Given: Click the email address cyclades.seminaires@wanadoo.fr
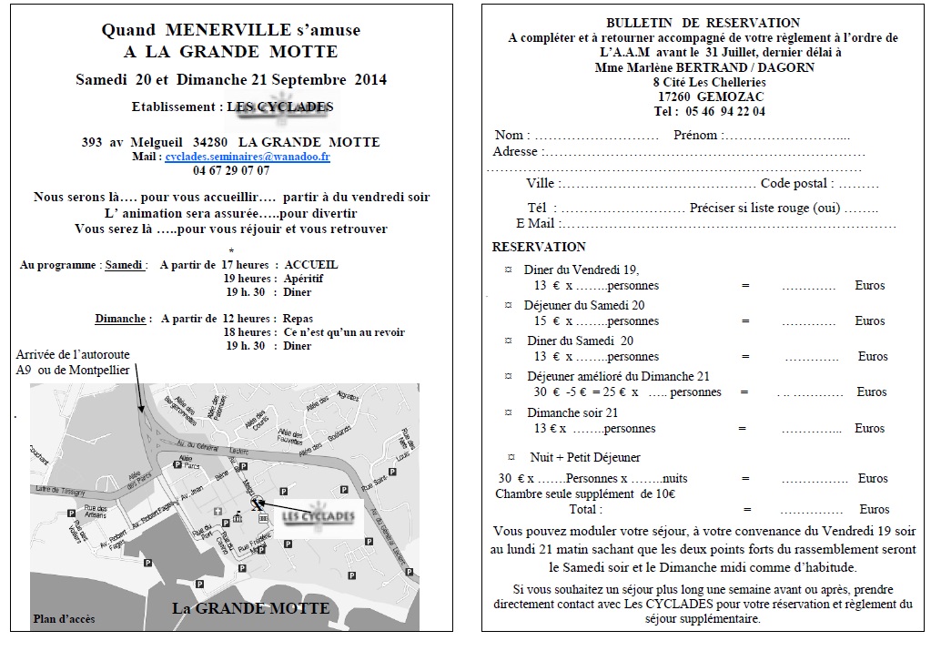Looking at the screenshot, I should (x=248, y=157).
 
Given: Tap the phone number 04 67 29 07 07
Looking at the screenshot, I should (x=231, y=170).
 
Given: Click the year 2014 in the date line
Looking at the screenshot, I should (x=370, y=79).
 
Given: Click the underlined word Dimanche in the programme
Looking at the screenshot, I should (x=120, y=320).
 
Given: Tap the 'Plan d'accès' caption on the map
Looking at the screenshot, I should (x=64, y=619).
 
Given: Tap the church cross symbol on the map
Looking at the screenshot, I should (x=217, y=512).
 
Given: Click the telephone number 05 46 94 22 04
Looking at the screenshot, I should (x=724, y=111).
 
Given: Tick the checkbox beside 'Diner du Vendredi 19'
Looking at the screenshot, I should (x=508, y=270).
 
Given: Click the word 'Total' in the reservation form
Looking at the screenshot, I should (x=585, y=509).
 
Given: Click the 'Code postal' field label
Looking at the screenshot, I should (x=794, y=184).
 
